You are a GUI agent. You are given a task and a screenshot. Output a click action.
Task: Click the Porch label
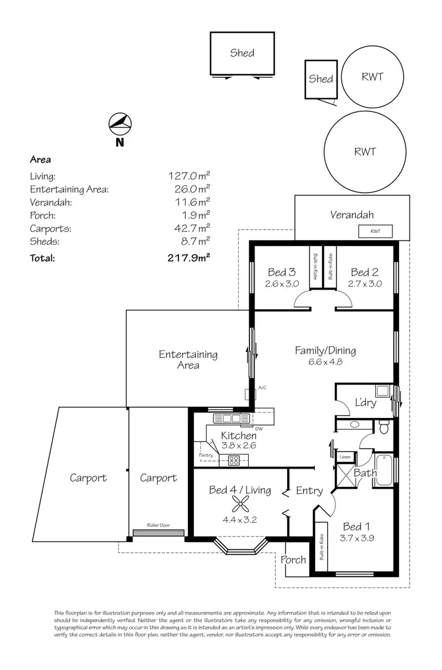pyautogui.click(x=293, y=559)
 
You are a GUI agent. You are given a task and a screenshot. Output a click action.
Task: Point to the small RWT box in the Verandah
pyautogui.click(x=375, y=231)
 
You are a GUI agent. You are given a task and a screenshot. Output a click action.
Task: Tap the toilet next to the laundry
pyautogui.click(x=384, y=429)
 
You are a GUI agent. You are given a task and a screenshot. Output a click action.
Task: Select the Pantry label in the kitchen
pyautogui.click(x=206, y=456)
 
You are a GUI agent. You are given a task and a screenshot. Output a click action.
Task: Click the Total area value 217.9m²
pyautogui.click(x=189, y=257)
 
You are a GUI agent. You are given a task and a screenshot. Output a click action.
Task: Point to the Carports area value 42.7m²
pyautogui.click(x=189, y=228)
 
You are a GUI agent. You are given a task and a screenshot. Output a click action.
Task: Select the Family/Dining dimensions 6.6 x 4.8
pyautogui.click(x=326, y=362)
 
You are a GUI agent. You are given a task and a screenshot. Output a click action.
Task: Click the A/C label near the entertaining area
pyautogui.click(x=262, y=387)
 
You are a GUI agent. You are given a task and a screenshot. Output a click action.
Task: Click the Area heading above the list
pyautogui.click(x=40, y=160)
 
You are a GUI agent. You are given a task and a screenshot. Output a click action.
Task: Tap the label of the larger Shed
pyautogui.click(x=242, y=53)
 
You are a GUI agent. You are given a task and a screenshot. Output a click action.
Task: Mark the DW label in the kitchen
pyautogui.click(x=259, y=428)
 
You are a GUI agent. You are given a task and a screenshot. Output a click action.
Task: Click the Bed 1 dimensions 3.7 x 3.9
pyautogui.click(x=358, y=537)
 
